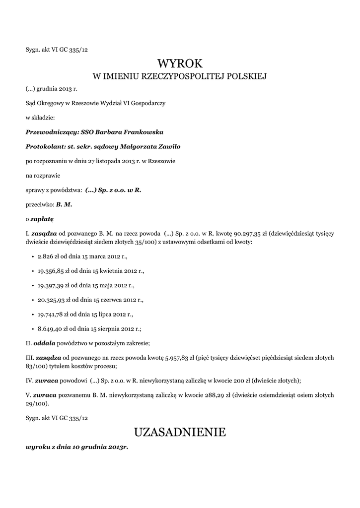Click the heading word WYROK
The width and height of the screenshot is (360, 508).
(x=180, y=63)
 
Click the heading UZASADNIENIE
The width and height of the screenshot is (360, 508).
(x=180, y=432)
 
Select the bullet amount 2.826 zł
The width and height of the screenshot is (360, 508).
(x=48, y=257)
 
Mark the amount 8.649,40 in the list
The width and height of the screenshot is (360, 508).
(x=49, y=328)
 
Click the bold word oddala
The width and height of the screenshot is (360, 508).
(x=44, y=343)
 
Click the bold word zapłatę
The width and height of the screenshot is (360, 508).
(x=42, y=218)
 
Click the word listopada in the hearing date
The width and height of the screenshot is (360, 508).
(x=108, y=161)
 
